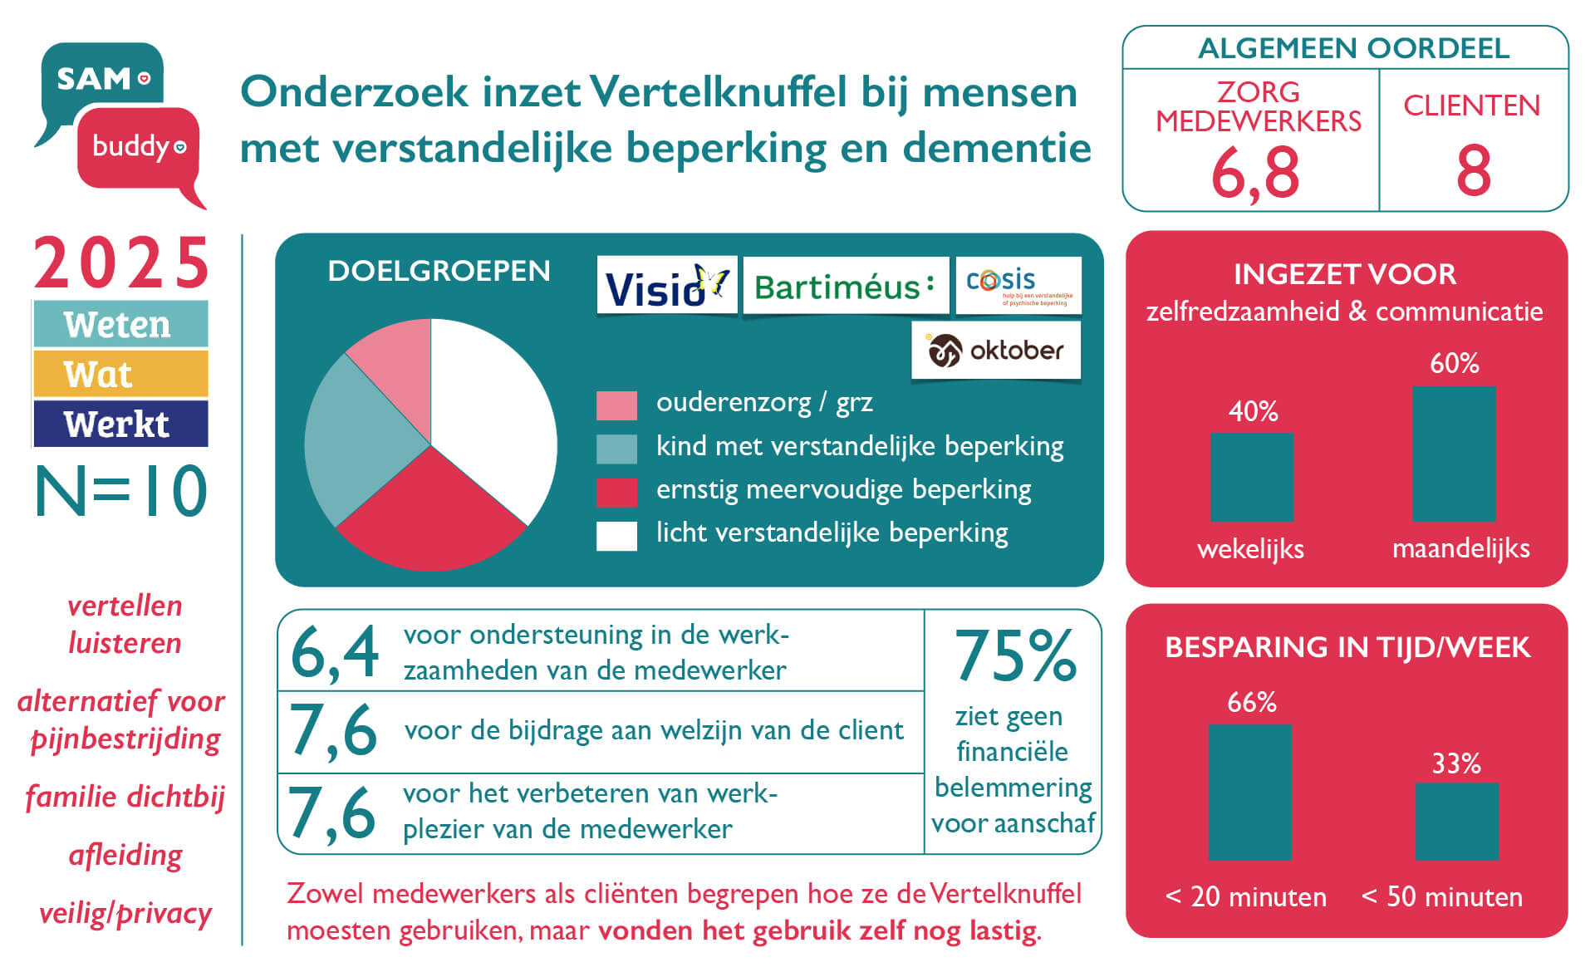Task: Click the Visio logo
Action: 666,286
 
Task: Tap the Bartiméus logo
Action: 845,286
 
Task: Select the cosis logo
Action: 1018,286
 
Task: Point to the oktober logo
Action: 996,351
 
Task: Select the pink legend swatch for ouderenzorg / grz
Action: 616,405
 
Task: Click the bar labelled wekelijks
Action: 1251,477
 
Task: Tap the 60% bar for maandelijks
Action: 1454,454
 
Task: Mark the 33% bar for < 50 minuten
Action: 1456,821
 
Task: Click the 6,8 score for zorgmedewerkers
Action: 1254,173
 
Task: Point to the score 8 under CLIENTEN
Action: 1473,171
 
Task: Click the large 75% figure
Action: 1015,655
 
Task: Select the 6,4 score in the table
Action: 334,652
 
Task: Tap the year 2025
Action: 121,263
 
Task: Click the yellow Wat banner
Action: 120,374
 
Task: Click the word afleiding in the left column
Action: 125,855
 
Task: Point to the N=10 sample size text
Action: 121,492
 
